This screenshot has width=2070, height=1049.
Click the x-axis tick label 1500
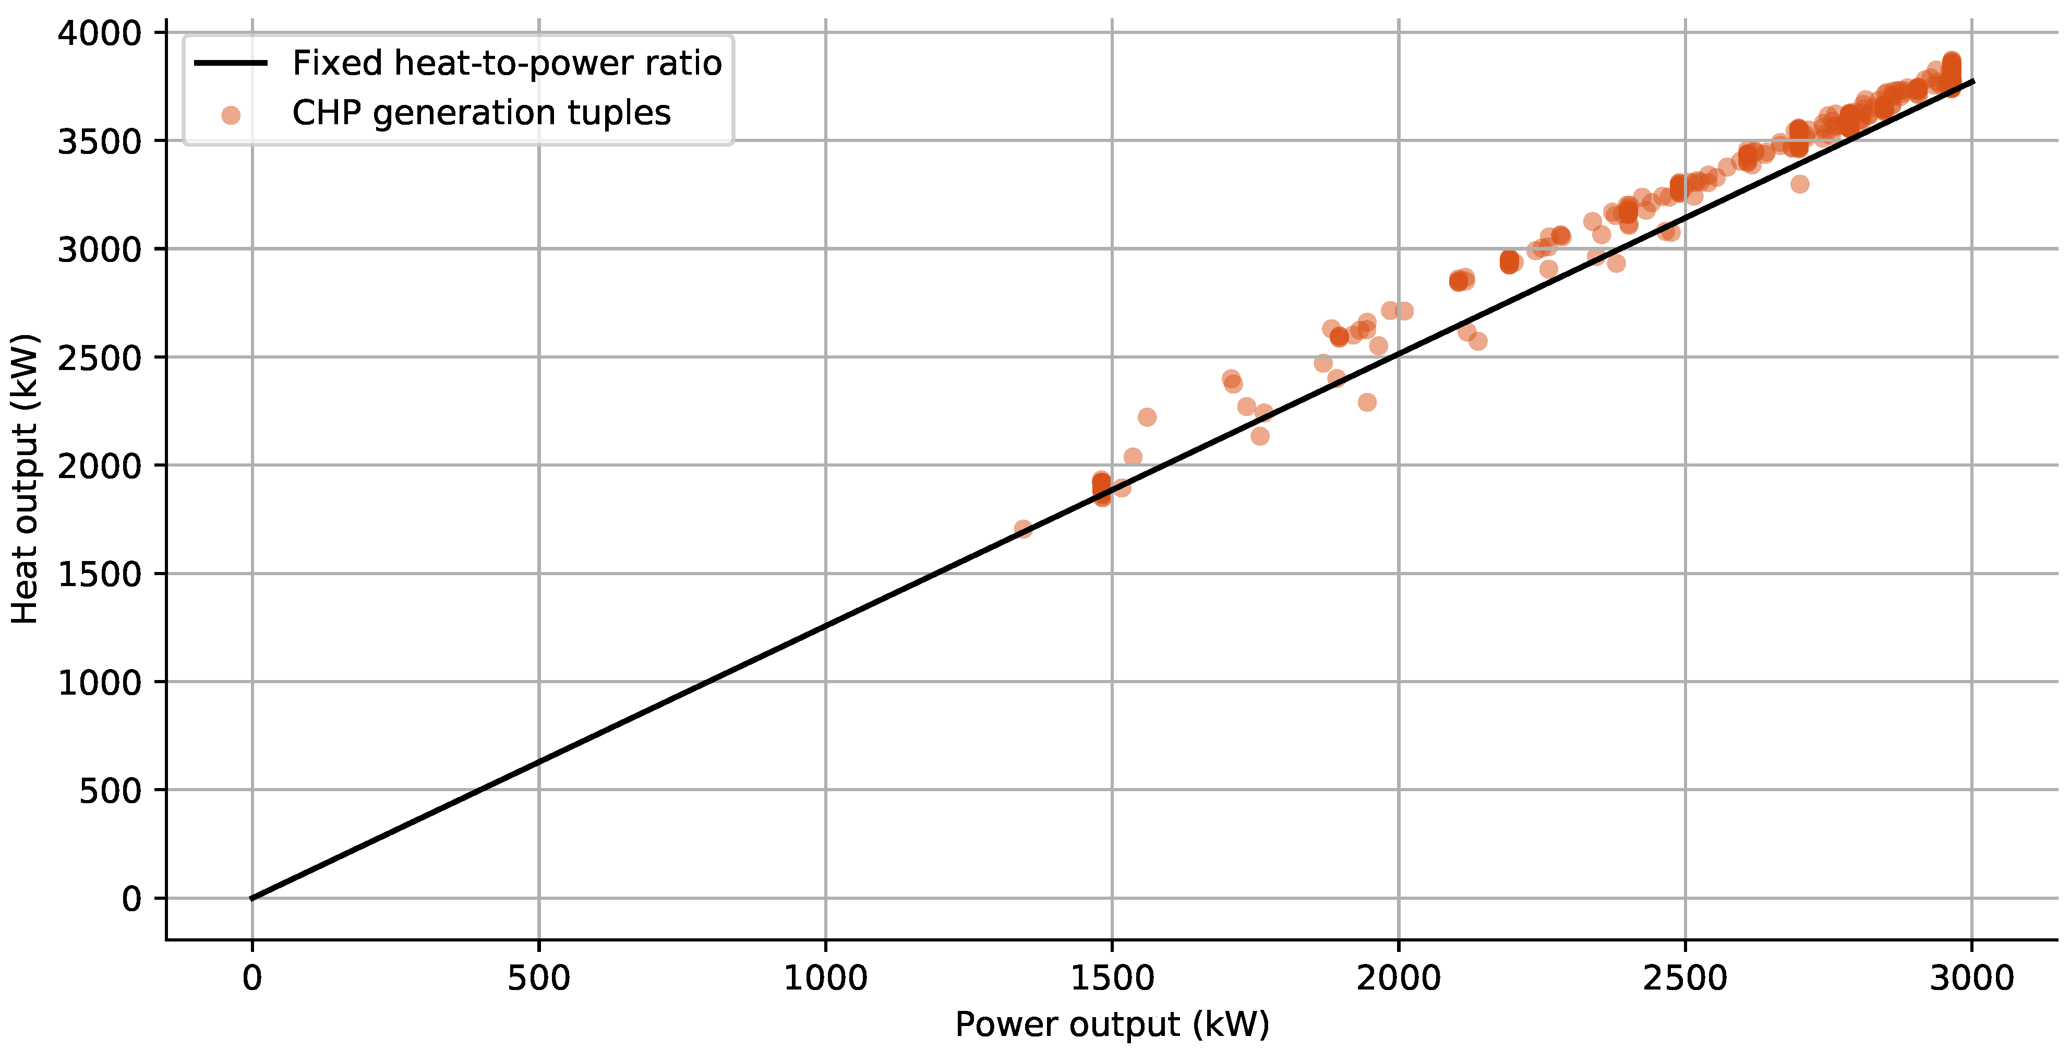(1112, 978)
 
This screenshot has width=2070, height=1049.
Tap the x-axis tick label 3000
(1971, 978)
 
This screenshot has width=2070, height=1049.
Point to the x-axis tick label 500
(538, 978)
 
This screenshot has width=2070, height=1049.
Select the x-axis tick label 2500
(1685, 978)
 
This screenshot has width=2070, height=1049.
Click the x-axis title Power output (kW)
(1112, 1024)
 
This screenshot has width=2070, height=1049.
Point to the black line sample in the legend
(231, 63)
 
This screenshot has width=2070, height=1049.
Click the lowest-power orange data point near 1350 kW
(1023, 528)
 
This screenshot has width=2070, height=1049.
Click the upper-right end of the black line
(1973, 81)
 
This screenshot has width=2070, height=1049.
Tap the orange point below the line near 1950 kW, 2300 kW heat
(1367, 402)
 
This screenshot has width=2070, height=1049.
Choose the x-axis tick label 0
(252, 978)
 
